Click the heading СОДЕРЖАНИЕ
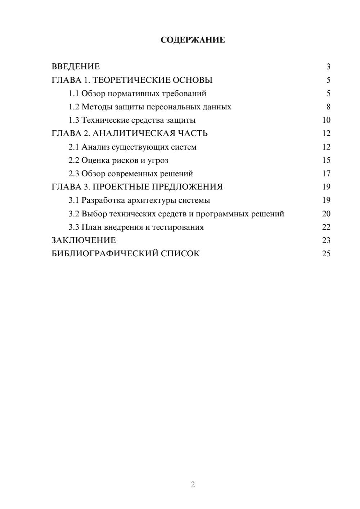(x=193, y=40)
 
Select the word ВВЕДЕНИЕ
(x=76, y=67)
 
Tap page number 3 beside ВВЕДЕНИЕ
(x=328, y=67)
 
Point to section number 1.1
(x=74, y=94)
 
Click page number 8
(x=328, y=107)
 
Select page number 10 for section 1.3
(x=326, y=120)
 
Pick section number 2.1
(x=74, y=147)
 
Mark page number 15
(x=326, y=160)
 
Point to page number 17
(x=326, y=174)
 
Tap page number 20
(x=326, y=214)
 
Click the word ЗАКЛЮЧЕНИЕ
(x=84, y=240)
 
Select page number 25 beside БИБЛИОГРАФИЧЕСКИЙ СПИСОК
(x=326, y=254)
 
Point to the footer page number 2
(x=193, y=485)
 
